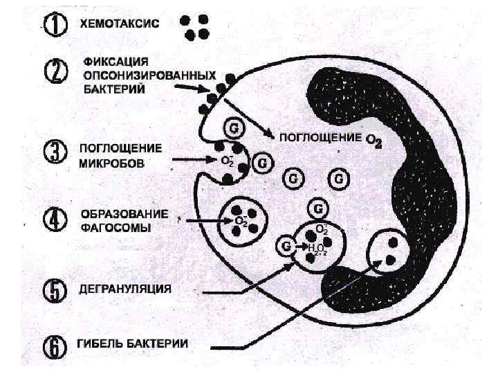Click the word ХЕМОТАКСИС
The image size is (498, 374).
121,24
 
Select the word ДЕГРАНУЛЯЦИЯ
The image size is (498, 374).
124,289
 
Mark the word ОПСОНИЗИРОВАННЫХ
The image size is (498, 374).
144,73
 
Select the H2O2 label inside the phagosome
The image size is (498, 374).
317,248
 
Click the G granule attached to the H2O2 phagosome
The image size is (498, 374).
285,245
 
